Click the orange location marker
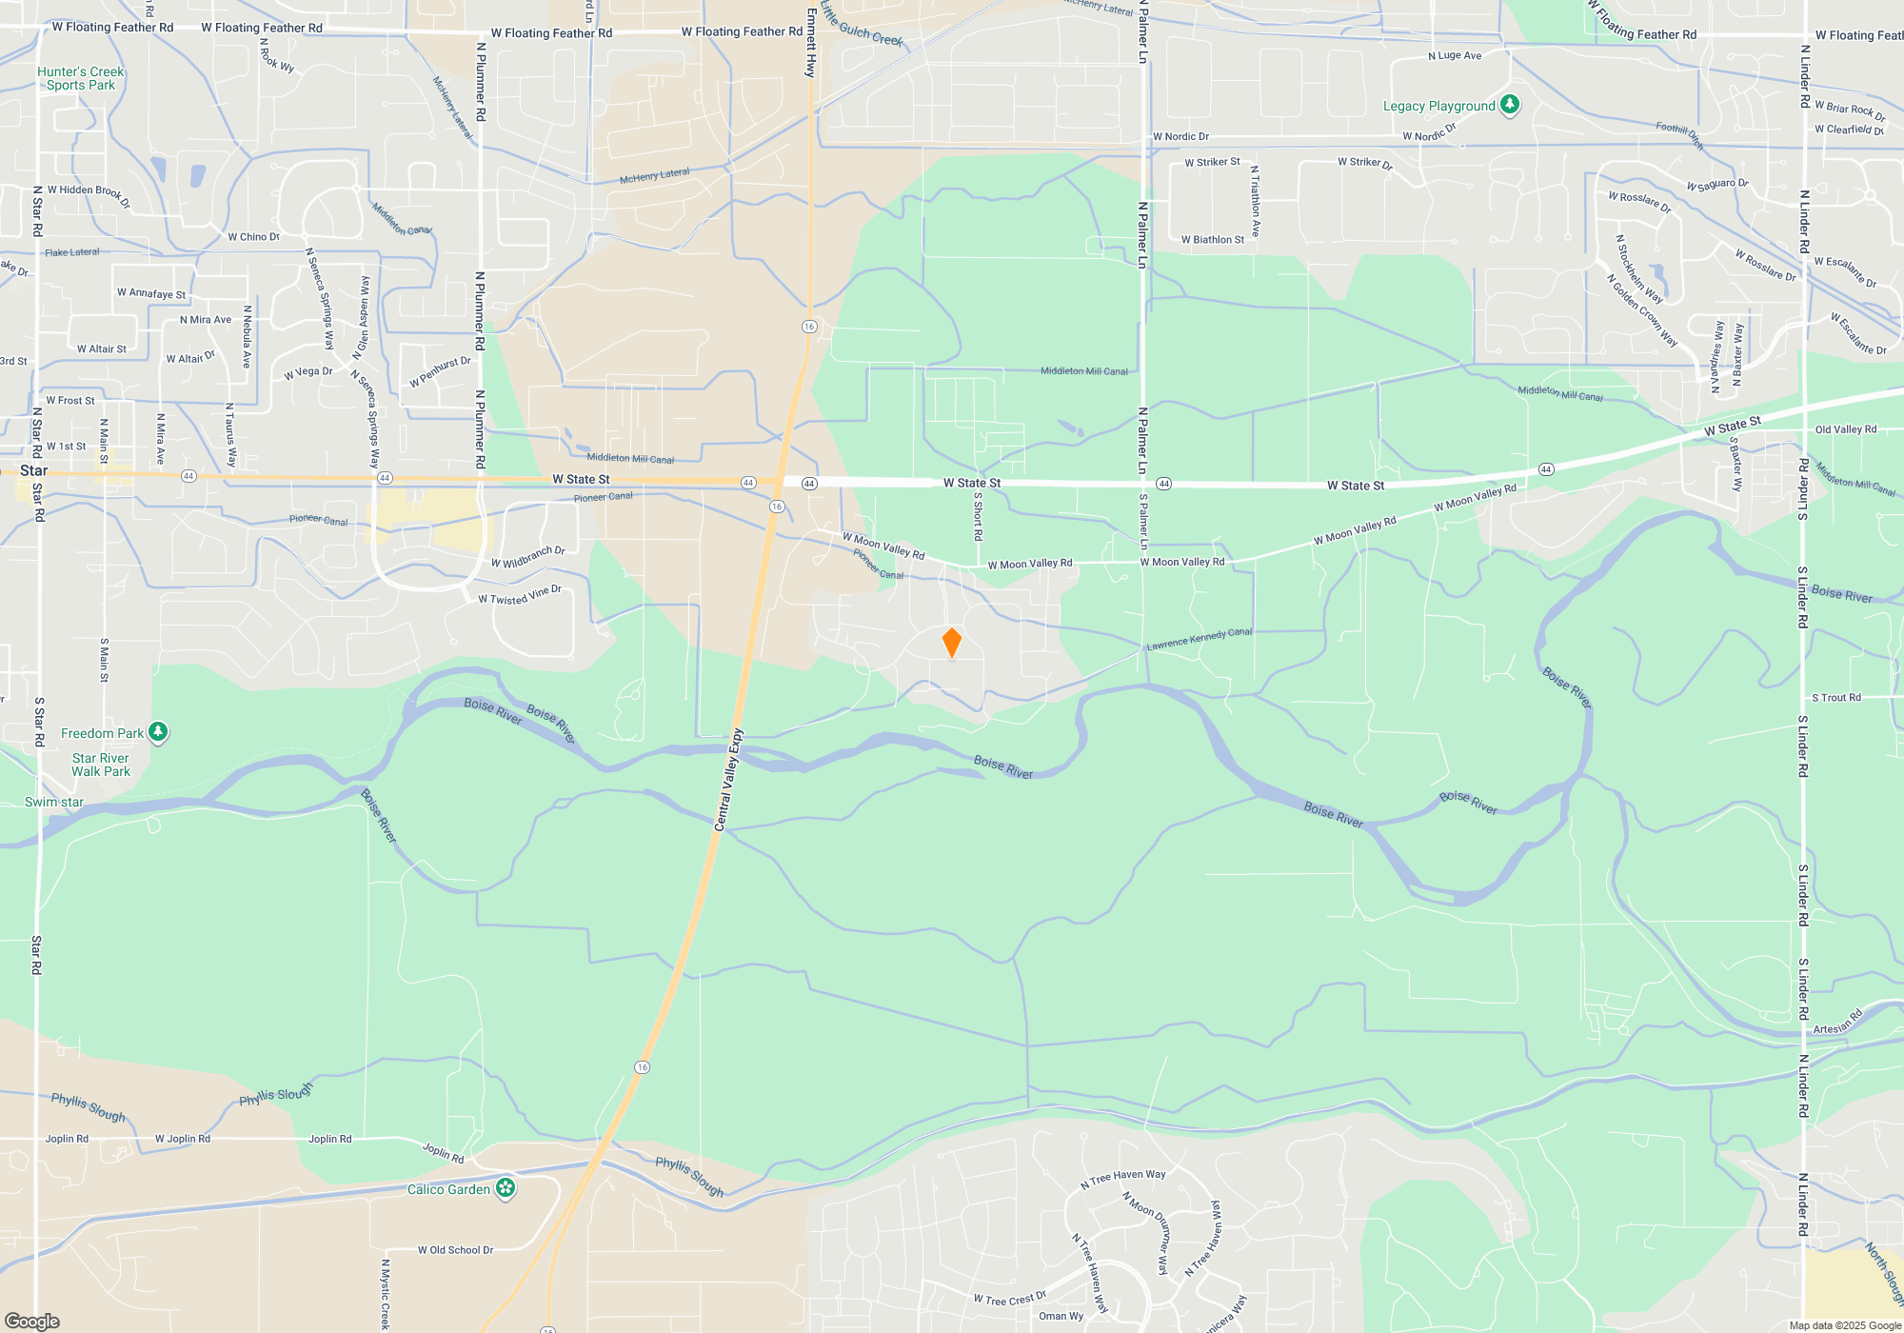coord(951,643)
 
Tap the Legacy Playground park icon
coord(1509,105)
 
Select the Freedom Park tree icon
coord(158,732)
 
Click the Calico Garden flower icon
coord(506,1187)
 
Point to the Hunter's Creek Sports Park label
coord(81,78)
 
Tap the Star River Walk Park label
coord(101,765)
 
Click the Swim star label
coord(54,802)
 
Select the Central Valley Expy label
coord(728,780)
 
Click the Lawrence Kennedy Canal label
coord(1199,639)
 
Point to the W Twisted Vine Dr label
coord(520,595)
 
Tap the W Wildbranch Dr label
coord(528,557)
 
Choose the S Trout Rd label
coord(1835,698)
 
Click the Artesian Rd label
coord(1837,1023)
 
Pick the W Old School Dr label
coord(455,1250)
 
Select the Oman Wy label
coord(1061,1316)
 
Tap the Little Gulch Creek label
coord(861,25)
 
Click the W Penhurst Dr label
coord(440,371)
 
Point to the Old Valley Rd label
coord(1845,429)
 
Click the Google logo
coord(31,1322)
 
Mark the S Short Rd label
coord(978,516)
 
